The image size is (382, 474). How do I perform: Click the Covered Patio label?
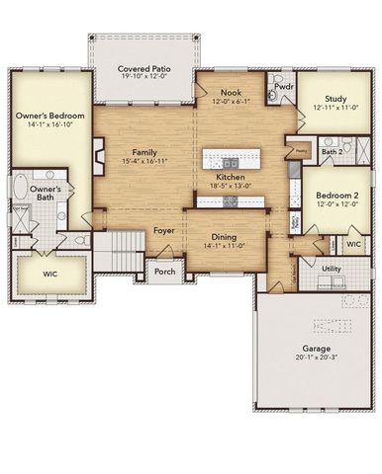point(145,68)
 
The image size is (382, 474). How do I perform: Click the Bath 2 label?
point(333,152)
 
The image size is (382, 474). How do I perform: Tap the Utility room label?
point(331,268)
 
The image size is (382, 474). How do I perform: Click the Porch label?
point(164,272)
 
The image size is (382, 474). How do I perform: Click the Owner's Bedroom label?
point(48,117)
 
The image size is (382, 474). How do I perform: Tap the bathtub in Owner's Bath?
point(20,189)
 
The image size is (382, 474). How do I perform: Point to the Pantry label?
point(300,151)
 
